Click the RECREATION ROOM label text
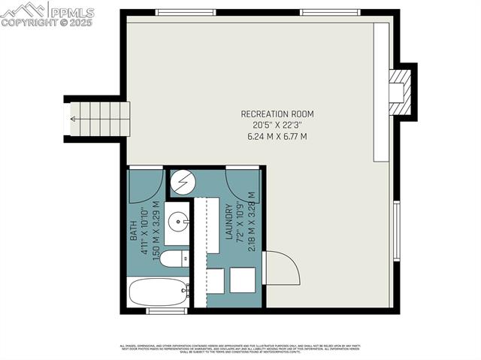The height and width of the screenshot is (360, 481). click(277, 113)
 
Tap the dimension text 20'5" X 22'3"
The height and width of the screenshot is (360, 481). click(277, 125)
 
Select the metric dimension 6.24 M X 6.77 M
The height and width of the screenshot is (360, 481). click(277, 137)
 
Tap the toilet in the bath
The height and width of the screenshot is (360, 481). click(174, 259)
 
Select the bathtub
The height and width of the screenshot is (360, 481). click(159, 292)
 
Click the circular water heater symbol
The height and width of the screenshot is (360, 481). click(182, 183)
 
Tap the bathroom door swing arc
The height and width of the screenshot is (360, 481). click(146, 186)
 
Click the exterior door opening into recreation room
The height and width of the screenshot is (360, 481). click(283, 268)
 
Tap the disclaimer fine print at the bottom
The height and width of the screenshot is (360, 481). click(240, 349)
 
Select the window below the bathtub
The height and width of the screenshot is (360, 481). click(166, 311)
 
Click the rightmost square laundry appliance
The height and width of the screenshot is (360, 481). click(244, 280)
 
